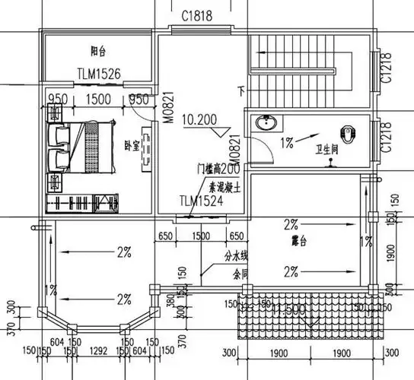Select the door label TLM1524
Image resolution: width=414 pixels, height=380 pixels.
[x=201, y=202]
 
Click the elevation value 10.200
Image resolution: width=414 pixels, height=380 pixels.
[x=199, y=120]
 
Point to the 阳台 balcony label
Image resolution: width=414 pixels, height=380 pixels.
[x=98, y=52]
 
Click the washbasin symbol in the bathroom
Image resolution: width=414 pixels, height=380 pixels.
[x=266, y=124]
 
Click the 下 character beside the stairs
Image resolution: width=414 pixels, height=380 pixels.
[x=243, y=91]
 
